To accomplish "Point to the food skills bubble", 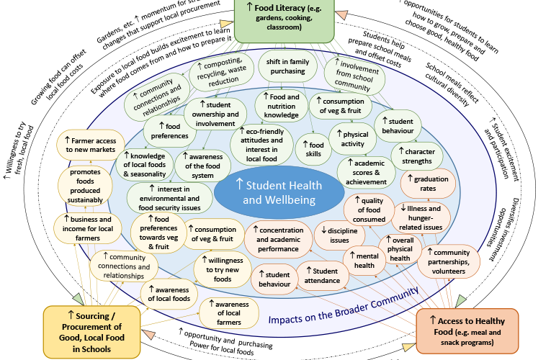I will point(313,150).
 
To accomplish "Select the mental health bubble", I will point(365,260).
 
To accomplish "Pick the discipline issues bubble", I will point(339,235).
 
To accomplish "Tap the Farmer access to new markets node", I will point(90,143).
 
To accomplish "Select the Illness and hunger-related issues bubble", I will point(426,217).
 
